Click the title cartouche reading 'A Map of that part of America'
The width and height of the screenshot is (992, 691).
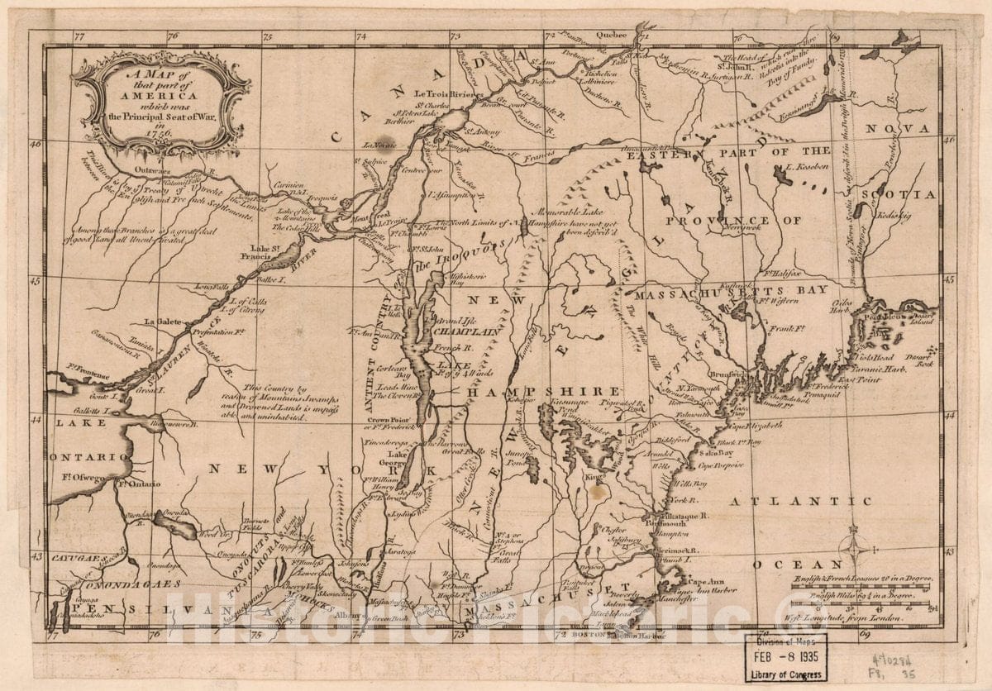(161, 103)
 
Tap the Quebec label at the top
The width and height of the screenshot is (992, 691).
(613, 36)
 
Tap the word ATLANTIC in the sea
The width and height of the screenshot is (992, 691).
(799, 501)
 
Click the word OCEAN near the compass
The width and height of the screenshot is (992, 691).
(785, 565)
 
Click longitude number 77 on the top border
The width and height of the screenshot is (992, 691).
(79, 36)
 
